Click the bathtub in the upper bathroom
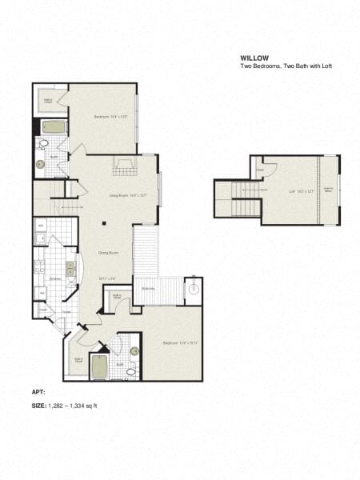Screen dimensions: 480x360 [54, 126]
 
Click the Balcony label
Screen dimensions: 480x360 [148, 289]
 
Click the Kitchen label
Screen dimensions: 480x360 [54, 278]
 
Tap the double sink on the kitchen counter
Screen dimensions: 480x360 [71, 270]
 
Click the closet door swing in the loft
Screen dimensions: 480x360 [269, 170]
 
